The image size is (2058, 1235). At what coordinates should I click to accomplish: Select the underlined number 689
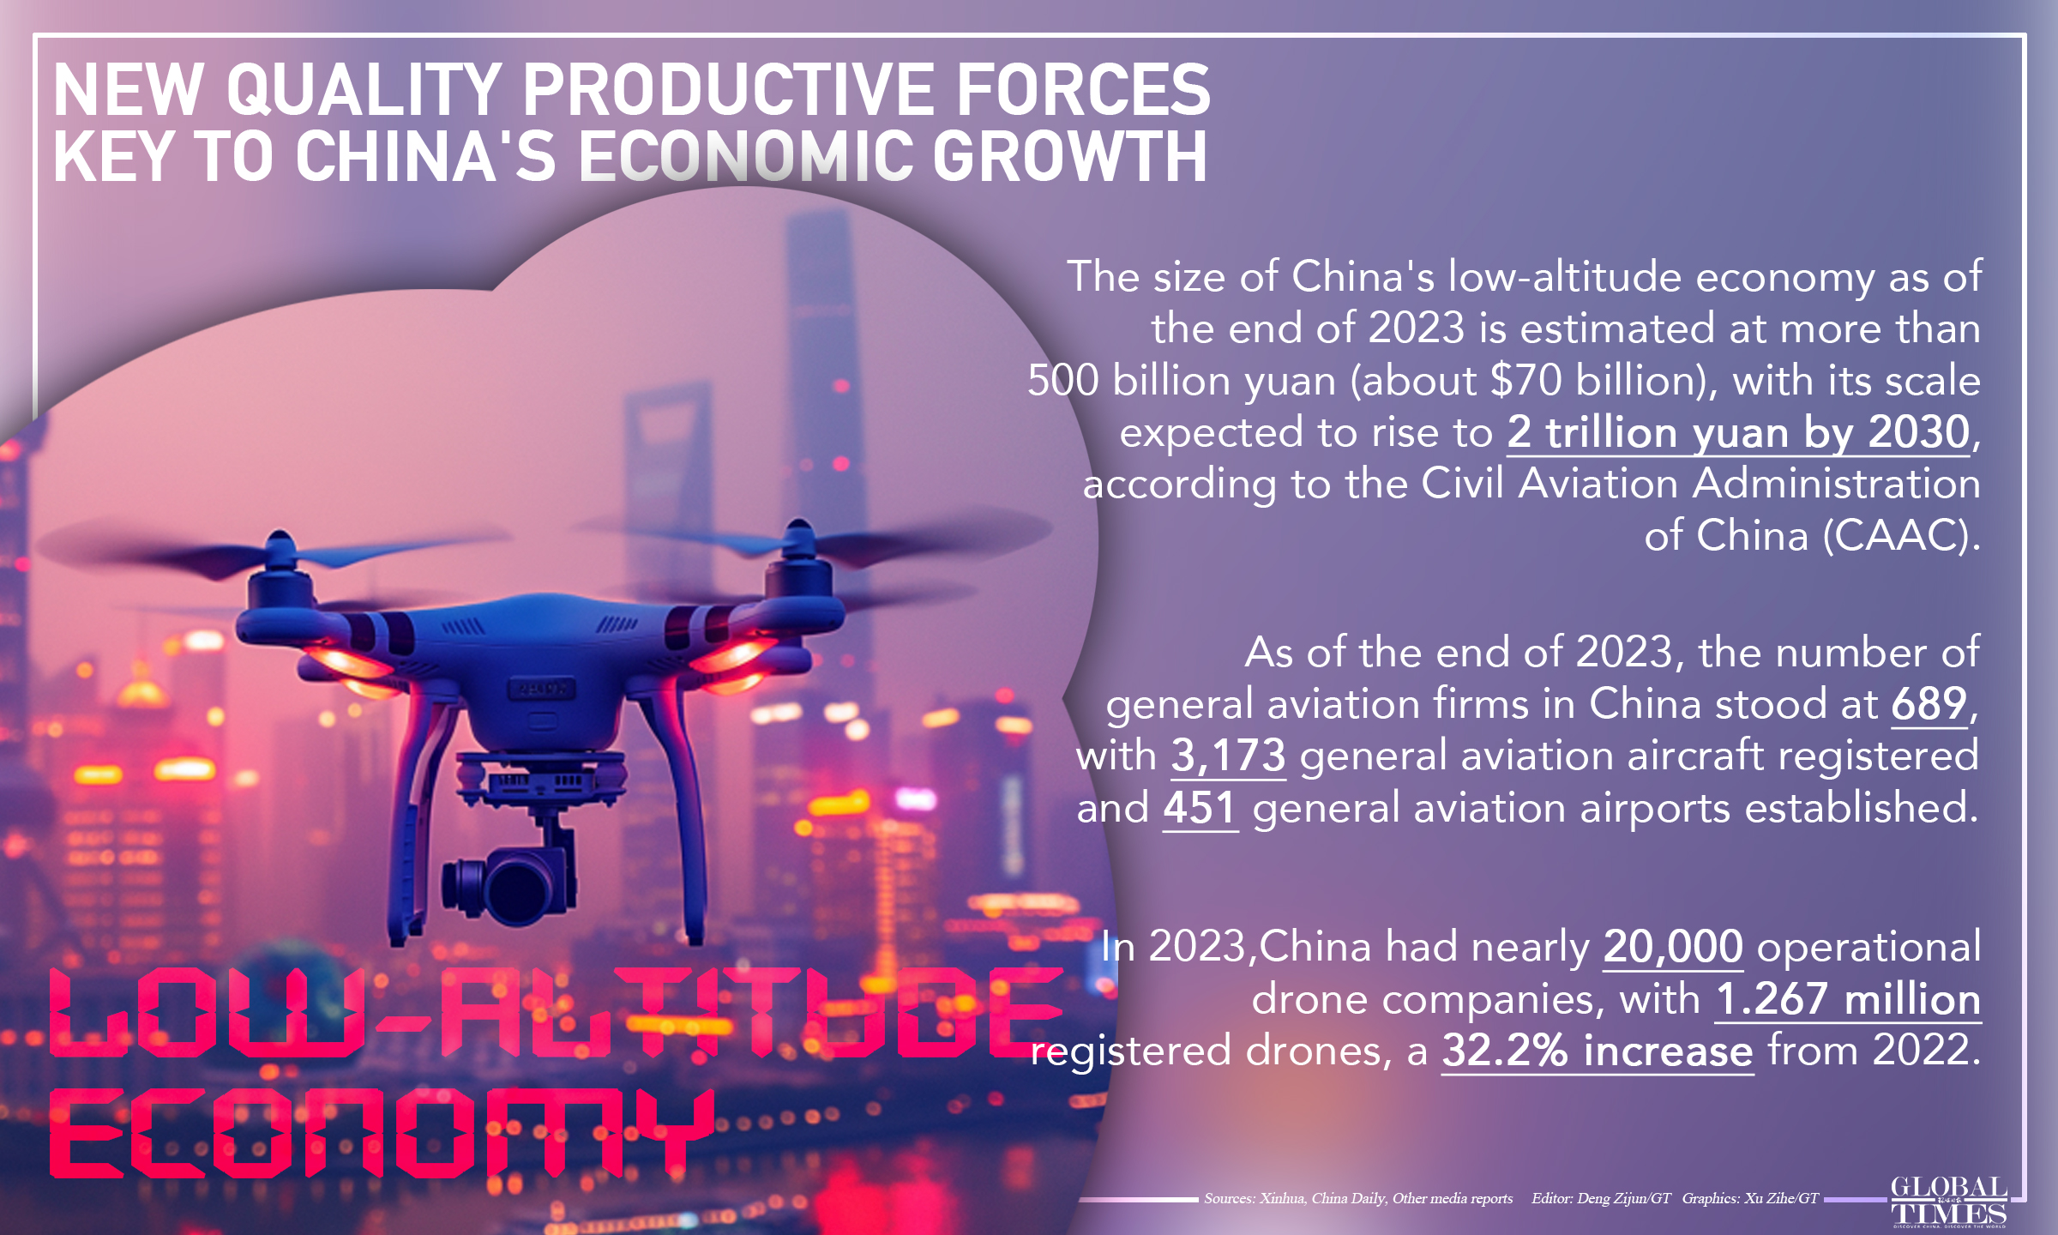[1929, 705]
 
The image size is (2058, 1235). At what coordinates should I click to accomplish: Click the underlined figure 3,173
[1228, 756]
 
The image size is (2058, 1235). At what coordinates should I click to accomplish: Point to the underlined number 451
[1200, 808]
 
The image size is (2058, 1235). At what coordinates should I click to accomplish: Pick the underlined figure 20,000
[1672, 947]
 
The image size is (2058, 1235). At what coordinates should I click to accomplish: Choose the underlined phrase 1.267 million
[1848, 999]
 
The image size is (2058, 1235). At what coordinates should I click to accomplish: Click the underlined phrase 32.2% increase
[1597, 1051]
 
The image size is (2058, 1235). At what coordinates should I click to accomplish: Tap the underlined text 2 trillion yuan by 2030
[1738, 432]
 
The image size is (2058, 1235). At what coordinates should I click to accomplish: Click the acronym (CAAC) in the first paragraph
[1900, 536]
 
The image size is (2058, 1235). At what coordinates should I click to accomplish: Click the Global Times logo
[1948, 1202]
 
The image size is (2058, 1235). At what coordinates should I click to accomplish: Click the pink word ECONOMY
[382, 1134]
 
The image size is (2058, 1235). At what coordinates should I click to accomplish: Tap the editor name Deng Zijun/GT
[1623, 1198]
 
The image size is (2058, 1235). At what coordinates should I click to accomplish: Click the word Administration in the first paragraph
[1836, 484]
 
